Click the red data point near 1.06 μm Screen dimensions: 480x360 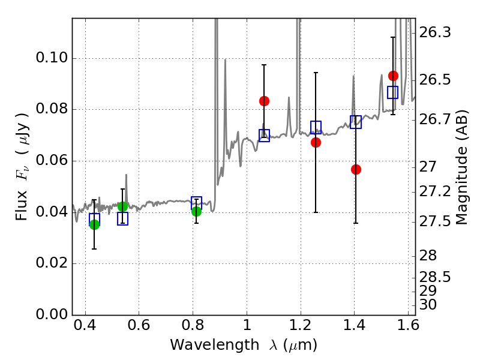tap(264, 101)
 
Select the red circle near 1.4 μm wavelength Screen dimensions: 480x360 tap(356, 169)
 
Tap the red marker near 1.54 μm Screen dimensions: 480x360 tap(393, 76)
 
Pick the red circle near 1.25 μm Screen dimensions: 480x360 tap(316, 142)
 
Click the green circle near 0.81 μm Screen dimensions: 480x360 tap(196, 211)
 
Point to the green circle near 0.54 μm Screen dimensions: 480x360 tap(122, 206)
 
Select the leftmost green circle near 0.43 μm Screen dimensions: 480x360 tap(94, 224)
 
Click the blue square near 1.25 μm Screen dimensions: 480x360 tap(316, 127)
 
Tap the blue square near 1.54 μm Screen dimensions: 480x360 tap(392, 92)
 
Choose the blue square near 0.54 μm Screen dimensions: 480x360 tap(122, 218)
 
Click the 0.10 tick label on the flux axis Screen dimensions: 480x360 tap(52, 58)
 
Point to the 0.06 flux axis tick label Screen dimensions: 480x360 tap(52, 160)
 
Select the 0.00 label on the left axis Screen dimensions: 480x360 tap(52, 314)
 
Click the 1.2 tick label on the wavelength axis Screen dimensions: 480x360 tap(301, 325)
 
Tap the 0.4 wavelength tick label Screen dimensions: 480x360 tap(85, 325)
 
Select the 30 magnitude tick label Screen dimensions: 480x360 tap(428, 305)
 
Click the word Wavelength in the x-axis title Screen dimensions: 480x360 tap(215, 345)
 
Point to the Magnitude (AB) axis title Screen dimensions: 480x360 tap(462, 167)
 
